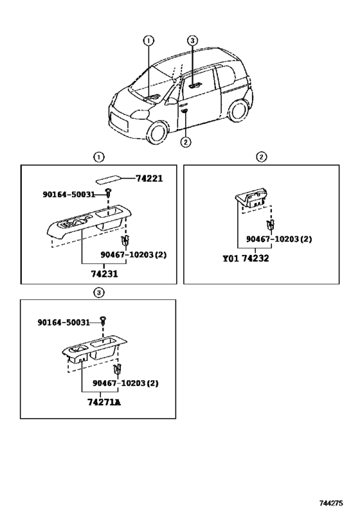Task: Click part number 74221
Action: point(149,179)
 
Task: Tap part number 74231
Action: point(104,274)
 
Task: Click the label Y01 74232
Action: point(246,258)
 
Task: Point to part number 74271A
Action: point(104,402)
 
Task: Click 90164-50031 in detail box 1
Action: point(69,194)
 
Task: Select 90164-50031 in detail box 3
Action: point(64,322)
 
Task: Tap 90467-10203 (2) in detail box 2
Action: point(279,239)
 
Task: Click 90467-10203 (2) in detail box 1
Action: point(133,255)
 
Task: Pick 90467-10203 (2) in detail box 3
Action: point(125,383)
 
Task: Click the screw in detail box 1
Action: point(108,193)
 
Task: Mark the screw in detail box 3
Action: point(103,320)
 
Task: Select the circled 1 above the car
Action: point(148,40)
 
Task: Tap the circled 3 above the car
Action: point(192,40)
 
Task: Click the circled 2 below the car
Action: point(185,142)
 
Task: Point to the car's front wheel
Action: point(158,133)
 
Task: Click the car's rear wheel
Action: point(238,110)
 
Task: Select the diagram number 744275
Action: point(331,503)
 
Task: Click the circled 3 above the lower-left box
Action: point(99,293)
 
